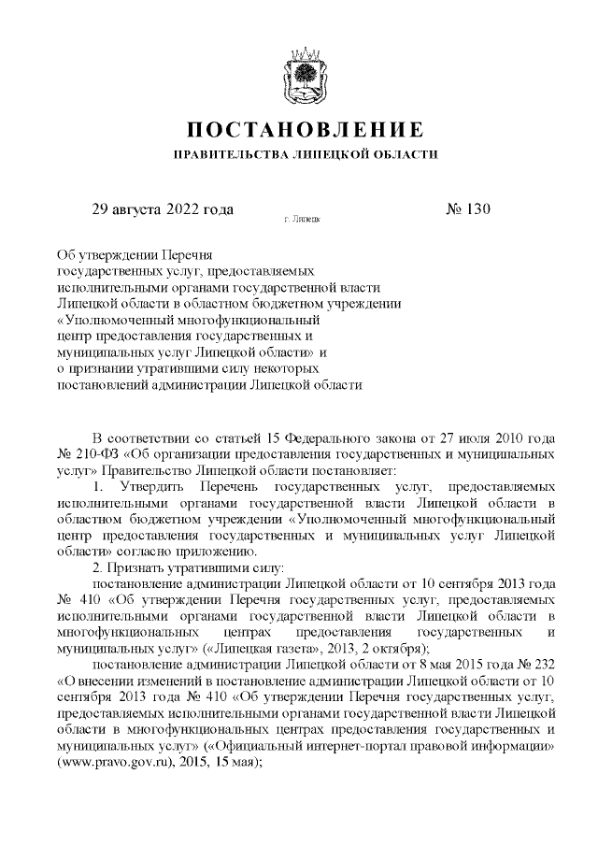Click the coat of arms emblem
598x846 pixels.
299,73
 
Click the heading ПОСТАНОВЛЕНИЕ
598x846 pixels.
299,128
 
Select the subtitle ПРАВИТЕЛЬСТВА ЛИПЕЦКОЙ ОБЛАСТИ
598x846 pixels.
299,152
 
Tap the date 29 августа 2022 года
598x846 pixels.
161,208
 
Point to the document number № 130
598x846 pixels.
468,208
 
